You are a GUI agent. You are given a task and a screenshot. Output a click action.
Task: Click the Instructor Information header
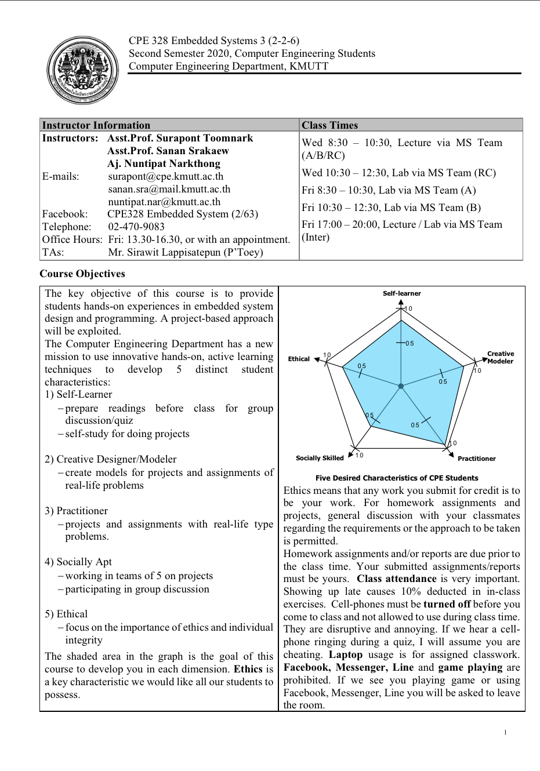pos(96,125)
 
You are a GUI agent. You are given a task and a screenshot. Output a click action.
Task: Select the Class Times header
pos(329,125)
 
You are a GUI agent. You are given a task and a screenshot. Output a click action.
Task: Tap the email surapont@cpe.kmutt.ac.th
pos(165,176)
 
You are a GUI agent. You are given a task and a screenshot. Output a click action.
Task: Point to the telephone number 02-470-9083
pos(136,227)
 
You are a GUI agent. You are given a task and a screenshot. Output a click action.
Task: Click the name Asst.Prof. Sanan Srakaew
pos(168,151)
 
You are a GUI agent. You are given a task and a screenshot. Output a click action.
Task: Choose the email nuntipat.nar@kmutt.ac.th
pos(164,202)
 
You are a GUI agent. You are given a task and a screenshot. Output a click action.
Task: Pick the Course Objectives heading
pos(82,274)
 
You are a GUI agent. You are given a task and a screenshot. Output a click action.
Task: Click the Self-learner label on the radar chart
pos(401,293)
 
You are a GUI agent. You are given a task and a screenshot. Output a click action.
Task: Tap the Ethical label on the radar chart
pos(299,359)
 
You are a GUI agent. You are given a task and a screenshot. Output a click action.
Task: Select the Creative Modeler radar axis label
pos(500,357)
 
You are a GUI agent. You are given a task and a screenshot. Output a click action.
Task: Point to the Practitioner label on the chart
pos(476,459)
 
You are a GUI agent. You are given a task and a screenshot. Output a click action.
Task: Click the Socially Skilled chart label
pos(320,458)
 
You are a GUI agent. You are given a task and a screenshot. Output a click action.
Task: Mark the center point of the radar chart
pos(401,385)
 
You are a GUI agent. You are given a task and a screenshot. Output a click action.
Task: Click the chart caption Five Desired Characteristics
pos(397,478)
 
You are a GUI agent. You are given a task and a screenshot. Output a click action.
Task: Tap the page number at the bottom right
pos(505,732)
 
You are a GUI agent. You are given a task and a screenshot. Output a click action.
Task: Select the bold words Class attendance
pos(396,579)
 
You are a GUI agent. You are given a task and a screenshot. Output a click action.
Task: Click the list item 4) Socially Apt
pos(78,562)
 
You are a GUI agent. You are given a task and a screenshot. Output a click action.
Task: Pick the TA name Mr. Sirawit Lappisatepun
pos(186,252)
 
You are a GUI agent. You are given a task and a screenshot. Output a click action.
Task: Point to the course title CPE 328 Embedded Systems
pos(213,41)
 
